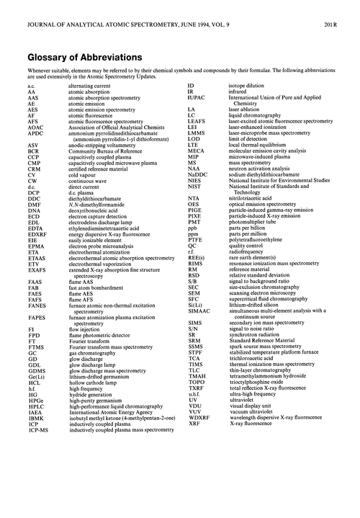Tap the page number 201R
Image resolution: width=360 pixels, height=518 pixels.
(x=343, y=7)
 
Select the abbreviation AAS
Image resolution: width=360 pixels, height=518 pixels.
(x=33, y=97)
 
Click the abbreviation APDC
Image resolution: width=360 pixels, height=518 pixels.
(x=35, y=133)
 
